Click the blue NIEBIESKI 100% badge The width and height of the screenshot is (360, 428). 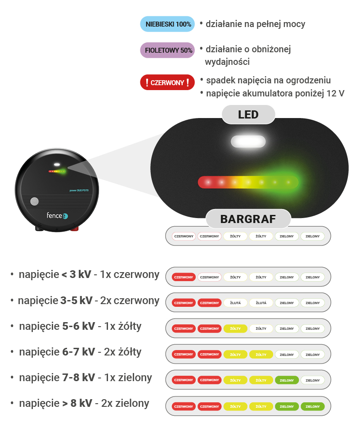(167, 24)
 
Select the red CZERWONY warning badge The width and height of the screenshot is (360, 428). (167, 82)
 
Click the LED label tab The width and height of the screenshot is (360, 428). (248, 114)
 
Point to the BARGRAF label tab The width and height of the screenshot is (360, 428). (248, 219)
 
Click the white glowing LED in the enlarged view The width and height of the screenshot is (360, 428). (248, 141)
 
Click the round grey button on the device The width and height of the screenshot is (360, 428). (34, 201)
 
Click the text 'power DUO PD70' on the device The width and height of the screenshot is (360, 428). (79, 191)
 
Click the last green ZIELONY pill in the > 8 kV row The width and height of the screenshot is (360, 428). (312, 406)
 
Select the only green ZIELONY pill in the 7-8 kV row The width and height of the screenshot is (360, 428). (287, 380)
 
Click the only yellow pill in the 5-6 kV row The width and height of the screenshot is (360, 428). (235, 328)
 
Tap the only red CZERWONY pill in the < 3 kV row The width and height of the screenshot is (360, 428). (184, 277)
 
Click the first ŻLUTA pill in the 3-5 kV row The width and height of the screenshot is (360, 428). (235, 303)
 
